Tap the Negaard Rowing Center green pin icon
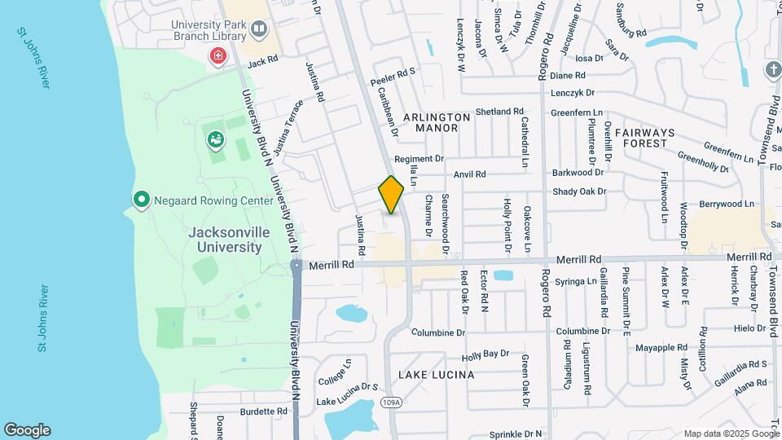[x=141, y=199]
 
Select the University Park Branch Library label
[x=209, y=29]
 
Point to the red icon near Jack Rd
[x=217, y=55]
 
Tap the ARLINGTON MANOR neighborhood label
[x=437, y=122]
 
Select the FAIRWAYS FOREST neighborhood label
[x=644, y=138]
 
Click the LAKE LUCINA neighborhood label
[x=437, y=375]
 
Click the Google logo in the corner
[x=27, y=429]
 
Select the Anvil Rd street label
[x=469, y=174]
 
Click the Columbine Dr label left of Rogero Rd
[x=437, y=332]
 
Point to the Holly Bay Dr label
[x=485, y=354]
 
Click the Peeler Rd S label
[x=393, y=77]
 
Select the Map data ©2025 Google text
[x=731, y=433]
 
